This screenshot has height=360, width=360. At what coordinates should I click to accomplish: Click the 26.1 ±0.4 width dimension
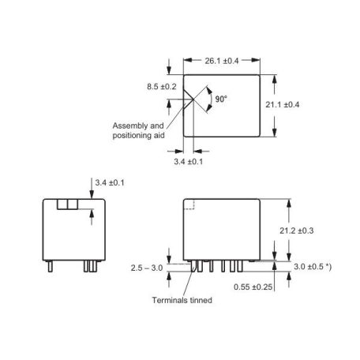coord(222,61)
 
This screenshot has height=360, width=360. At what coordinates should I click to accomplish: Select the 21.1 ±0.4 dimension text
coord(282,105)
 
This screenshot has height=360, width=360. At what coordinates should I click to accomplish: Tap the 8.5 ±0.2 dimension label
coord(162,87)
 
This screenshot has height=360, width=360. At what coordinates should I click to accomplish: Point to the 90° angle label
coord(221,99)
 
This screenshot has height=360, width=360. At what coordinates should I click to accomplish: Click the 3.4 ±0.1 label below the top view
coord(189,161)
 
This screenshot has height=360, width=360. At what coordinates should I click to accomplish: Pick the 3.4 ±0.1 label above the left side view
coord(110,182)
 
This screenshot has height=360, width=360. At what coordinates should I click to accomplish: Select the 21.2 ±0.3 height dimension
coord(297,231)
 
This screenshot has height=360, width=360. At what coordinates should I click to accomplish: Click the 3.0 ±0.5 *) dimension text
coord(313,267)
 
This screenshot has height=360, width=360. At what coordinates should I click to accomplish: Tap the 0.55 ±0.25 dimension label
coord(253,287)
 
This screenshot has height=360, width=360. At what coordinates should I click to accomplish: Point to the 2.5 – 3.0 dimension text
coord(147,268)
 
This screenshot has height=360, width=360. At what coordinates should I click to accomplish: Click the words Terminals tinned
coord(182,300)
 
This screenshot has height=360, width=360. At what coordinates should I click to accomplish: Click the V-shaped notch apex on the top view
coord(193,99)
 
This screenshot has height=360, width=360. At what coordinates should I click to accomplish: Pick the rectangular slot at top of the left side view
coord(68,204)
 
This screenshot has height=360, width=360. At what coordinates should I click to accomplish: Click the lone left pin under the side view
coord(50,266)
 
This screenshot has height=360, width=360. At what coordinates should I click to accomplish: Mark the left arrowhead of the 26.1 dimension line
coord(187,60)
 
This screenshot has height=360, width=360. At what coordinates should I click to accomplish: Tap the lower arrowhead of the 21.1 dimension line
coord(275,133)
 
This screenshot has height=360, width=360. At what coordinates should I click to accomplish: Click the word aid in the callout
coord(159,136)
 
